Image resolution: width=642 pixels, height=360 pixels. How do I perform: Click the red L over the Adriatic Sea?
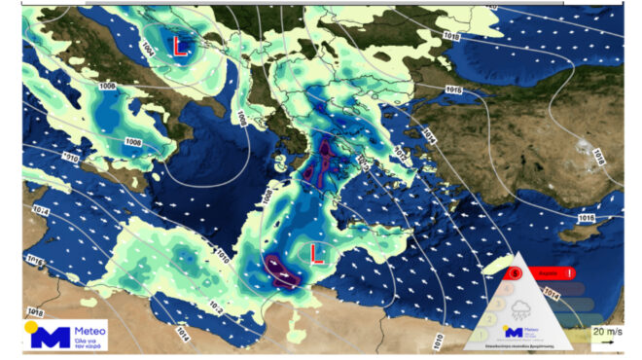(180, 46)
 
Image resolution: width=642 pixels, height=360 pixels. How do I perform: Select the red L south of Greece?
(316, 254)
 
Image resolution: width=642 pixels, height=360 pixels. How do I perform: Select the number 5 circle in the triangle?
(515, 274)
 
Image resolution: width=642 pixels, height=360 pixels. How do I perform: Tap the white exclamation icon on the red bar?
(570, 274)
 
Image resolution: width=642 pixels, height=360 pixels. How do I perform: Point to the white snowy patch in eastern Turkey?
(584, 148)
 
